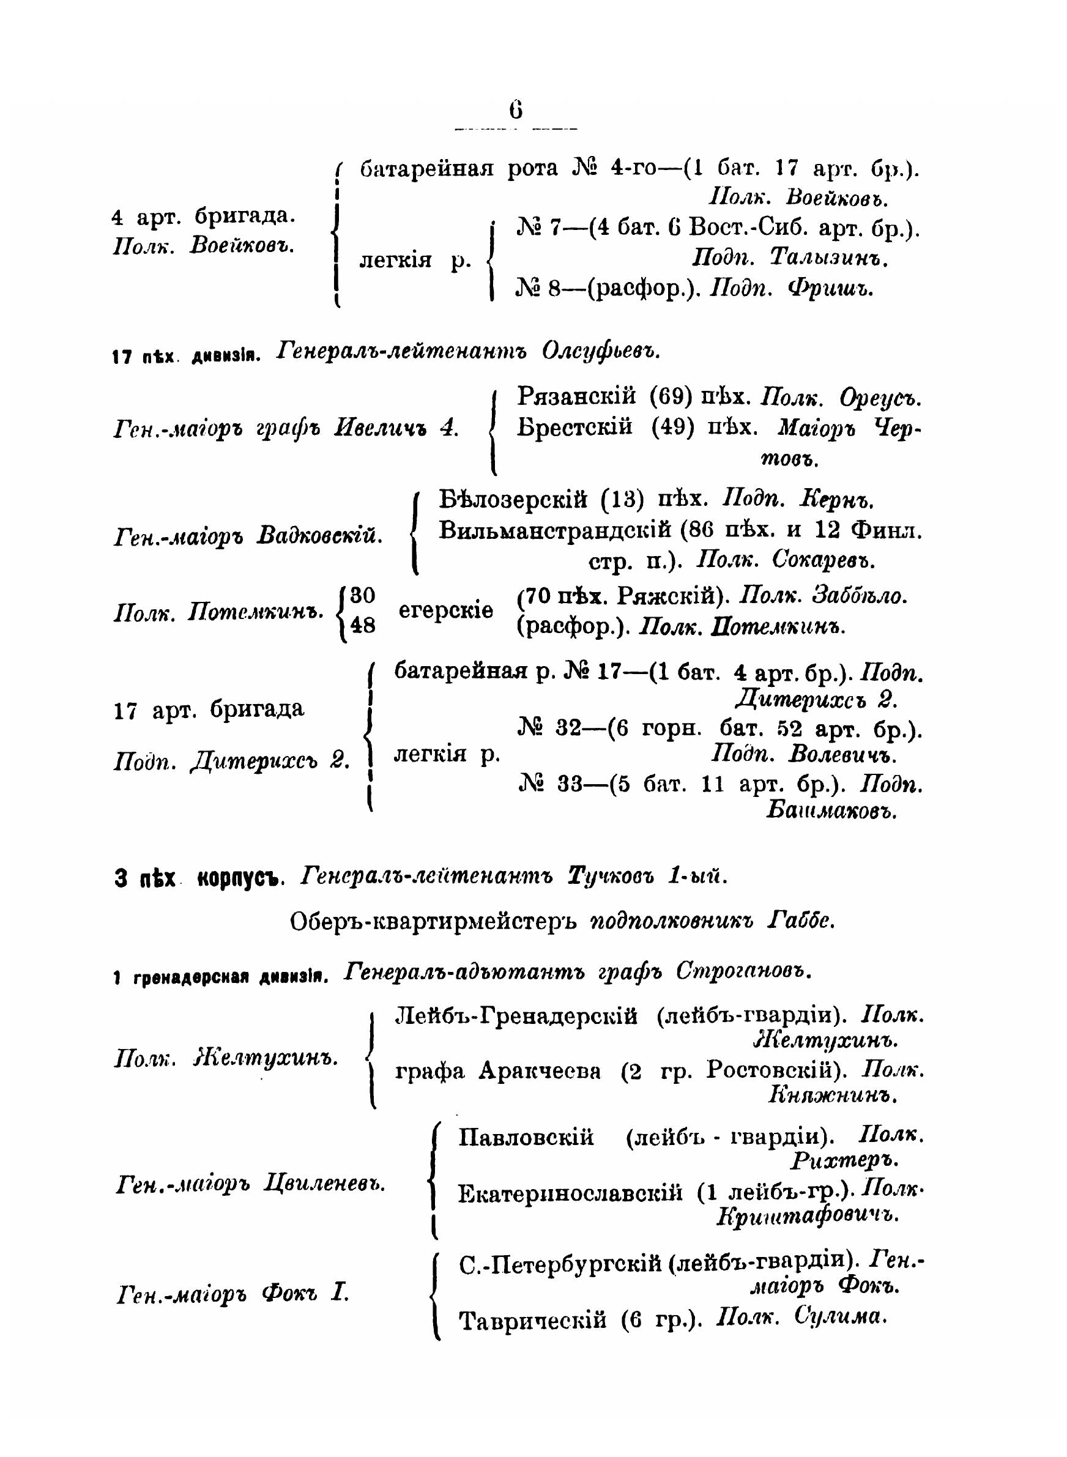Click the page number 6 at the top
coord(515,109)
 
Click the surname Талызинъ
coord(828,258)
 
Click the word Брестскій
coord(575,428)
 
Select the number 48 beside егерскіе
coord(362,625)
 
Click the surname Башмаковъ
coord(831,810)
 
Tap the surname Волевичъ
coord(839,754)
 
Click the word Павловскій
coord(526,1136)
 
